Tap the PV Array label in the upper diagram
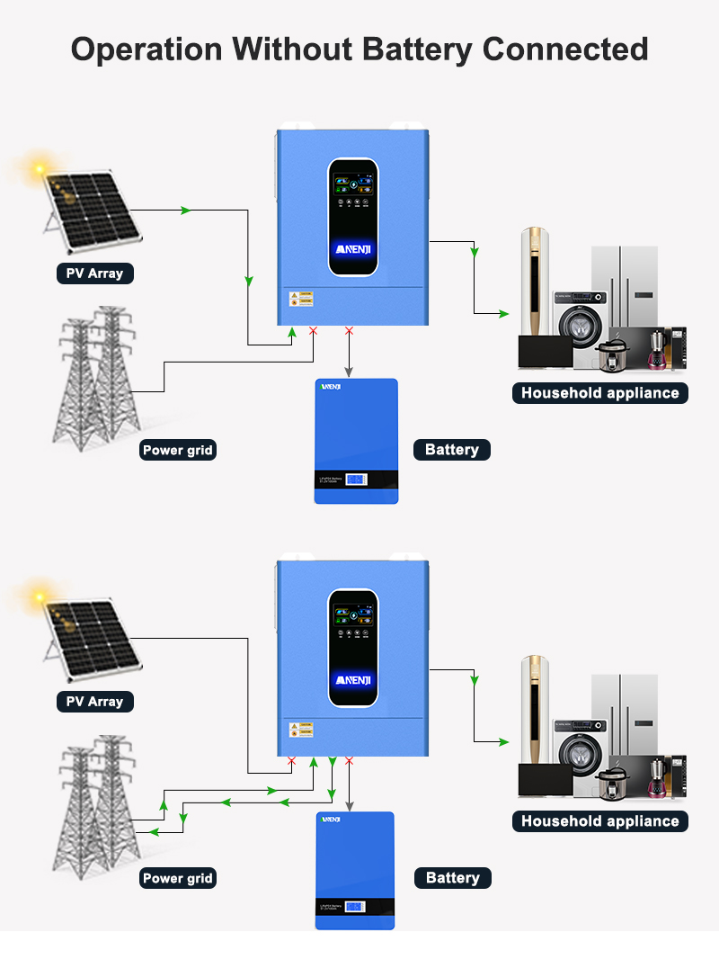[94, 273]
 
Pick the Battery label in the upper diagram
[451, 450]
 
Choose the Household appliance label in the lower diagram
[599, 820]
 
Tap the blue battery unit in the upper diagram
[356, 441]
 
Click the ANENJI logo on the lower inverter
[352, 678]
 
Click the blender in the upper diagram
[657, 347]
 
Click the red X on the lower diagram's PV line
[291, 761]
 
